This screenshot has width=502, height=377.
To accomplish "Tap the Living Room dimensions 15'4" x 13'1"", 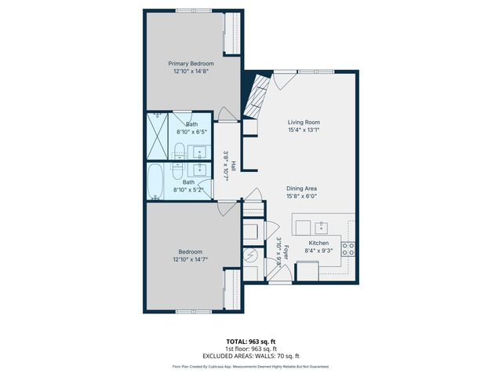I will pos(303,131).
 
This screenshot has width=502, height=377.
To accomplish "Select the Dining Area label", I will pos(301,188).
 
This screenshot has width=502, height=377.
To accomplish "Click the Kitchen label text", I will pos(318,243).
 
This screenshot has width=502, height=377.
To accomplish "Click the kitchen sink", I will pos(322,227).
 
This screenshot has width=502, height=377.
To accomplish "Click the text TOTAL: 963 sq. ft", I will pos(251,342).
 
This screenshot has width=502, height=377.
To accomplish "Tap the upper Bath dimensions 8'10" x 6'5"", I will pos(192,131).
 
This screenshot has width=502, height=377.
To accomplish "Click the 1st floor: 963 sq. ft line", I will pos(251,349).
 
